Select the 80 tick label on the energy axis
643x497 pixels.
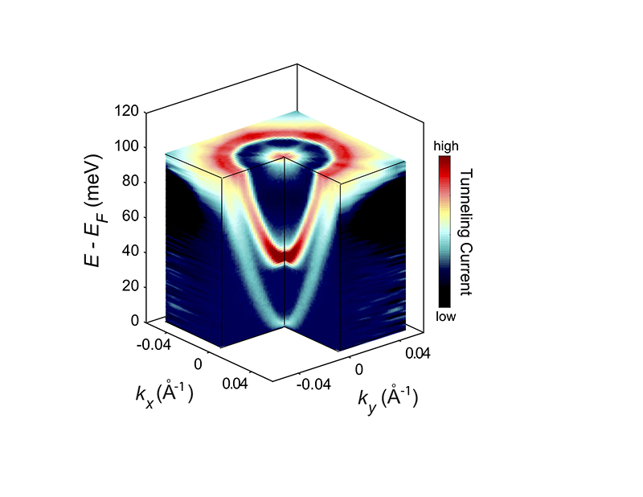point(124,182)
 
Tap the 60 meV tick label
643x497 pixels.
point(124,217)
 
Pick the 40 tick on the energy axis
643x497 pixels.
point(124,252)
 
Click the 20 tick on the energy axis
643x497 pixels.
point(124,287)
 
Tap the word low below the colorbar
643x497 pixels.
point(446,317)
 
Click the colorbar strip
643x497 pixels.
point(446,232)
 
